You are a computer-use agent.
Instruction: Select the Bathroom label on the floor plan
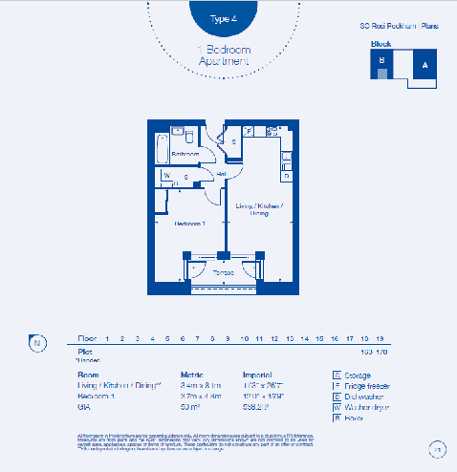[185, 154]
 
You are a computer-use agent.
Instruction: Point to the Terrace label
[223, 272]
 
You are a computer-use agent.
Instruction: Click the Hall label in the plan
[221, 174]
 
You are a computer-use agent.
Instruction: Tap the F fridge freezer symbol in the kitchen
[249, 131]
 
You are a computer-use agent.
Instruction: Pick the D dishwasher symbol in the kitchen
[286, 176]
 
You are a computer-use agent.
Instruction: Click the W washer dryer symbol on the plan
[166, 176]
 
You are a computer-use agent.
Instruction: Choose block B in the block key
[381, 60]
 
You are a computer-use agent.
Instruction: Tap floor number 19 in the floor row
[381, 339]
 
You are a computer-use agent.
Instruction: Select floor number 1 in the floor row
[107, 339]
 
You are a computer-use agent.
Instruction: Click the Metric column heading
[192, 375]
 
